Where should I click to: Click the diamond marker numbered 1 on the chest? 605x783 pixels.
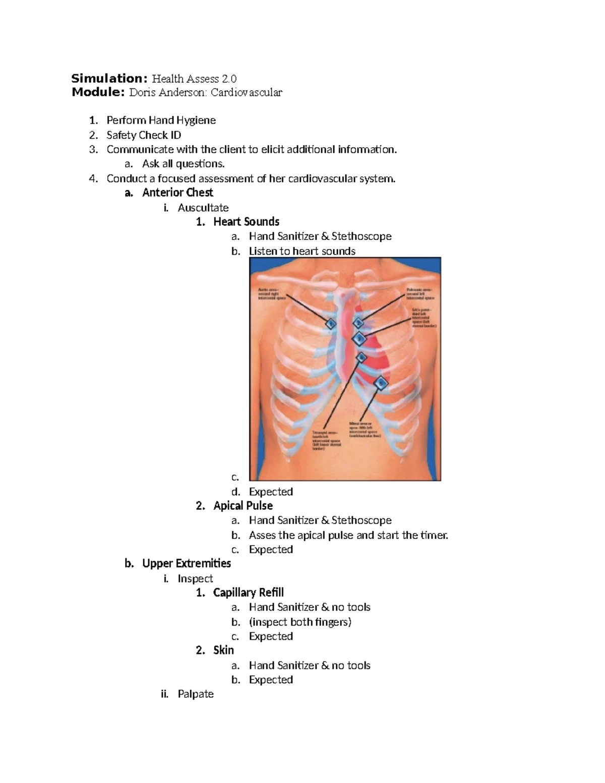coord(331,324)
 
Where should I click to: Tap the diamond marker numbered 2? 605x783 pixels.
coord(358,323)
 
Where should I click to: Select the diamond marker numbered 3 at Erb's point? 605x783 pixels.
coord(359,338)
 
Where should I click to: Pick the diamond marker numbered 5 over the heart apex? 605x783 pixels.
coord(382,383)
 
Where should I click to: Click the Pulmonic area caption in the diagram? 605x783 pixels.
coord(419,294)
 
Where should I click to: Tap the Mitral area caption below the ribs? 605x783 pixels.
coord(365,429)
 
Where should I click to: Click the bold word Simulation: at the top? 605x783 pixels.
coord(109,79)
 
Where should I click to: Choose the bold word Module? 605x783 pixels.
coord(98,92)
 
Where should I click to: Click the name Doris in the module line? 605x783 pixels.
coord(143,93)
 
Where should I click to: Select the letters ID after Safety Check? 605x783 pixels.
coord(175,135)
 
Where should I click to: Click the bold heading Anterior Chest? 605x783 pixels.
coord(177,193)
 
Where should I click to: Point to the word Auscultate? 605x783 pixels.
coord(203,208)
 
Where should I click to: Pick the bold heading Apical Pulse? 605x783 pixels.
coord(243,506)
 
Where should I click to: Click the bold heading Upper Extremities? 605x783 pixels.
coord(187,564)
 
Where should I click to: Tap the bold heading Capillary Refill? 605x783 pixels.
coord(249,592)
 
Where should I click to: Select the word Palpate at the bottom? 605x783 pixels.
coord(196,694)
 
